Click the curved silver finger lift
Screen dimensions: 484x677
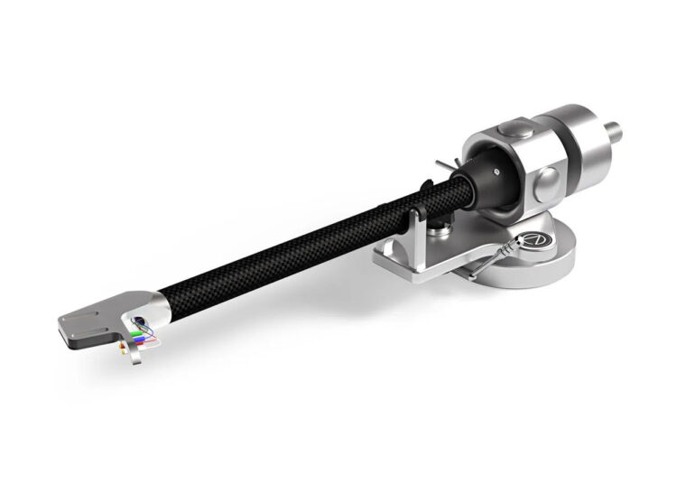pyautogui.click(x=136, y=358)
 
